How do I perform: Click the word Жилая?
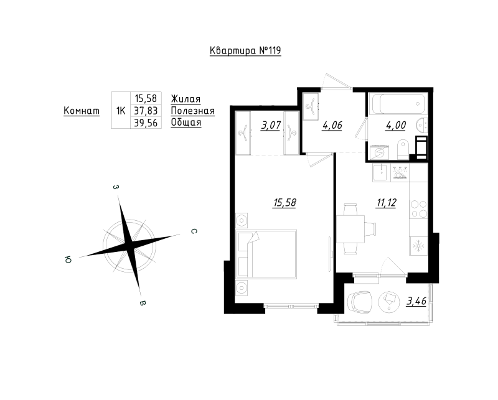point(185,98)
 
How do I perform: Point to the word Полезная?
point(192,111)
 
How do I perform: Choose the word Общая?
point(186,123)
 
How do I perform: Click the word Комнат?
point(82,111)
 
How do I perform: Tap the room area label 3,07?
point(270,126)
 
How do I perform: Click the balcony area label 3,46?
point(416,302)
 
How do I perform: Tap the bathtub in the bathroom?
point(396,103)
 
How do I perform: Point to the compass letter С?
point(194,231)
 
